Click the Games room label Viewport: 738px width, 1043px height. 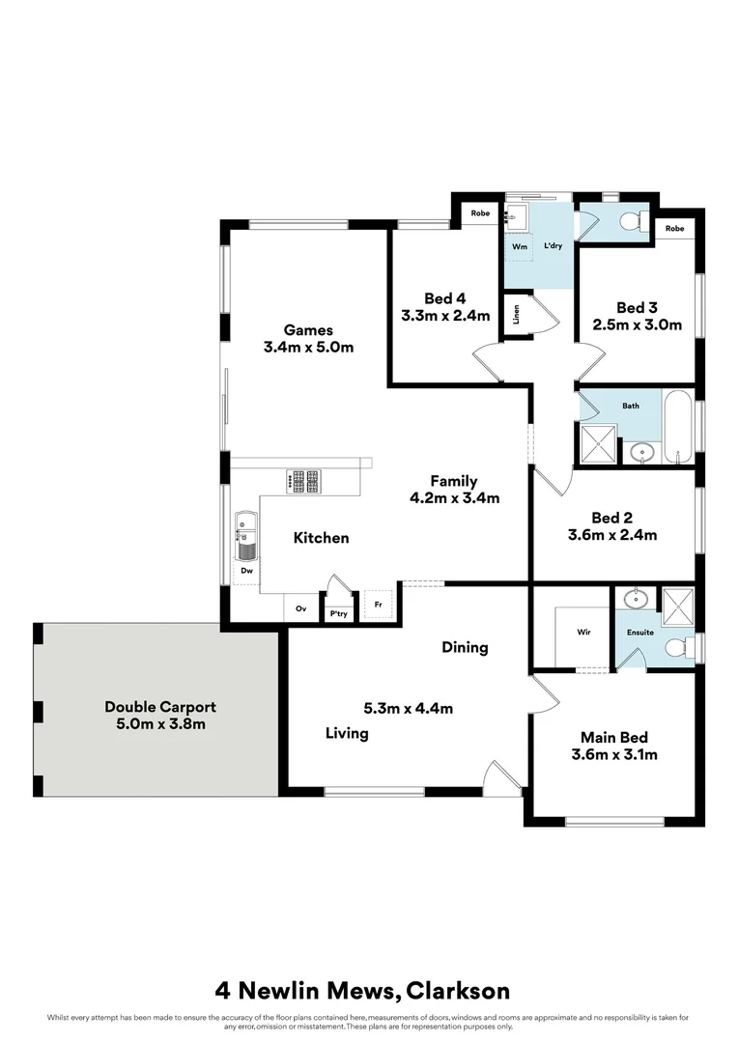click(307, 330)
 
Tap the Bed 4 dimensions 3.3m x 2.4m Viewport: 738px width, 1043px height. click(444, 315)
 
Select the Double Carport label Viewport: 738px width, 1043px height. click(160, 707)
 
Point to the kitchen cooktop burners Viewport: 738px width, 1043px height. click(307, 480)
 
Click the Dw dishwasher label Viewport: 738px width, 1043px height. click(247, 571)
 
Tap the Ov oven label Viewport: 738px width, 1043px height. click(300, 608)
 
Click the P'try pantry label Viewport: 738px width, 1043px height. click(338, 613)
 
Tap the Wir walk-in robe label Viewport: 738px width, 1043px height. click(583, 633)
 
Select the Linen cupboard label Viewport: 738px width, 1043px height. click(517, 315)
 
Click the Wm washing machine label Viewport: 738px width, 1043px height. click(519, 246)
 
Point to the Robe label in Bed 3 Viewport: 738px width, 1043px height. click(674, 229)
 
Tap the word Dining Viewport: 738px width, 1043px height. click(465, 647)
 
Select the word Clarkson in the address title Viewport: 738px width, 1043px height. click(458, 990)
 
